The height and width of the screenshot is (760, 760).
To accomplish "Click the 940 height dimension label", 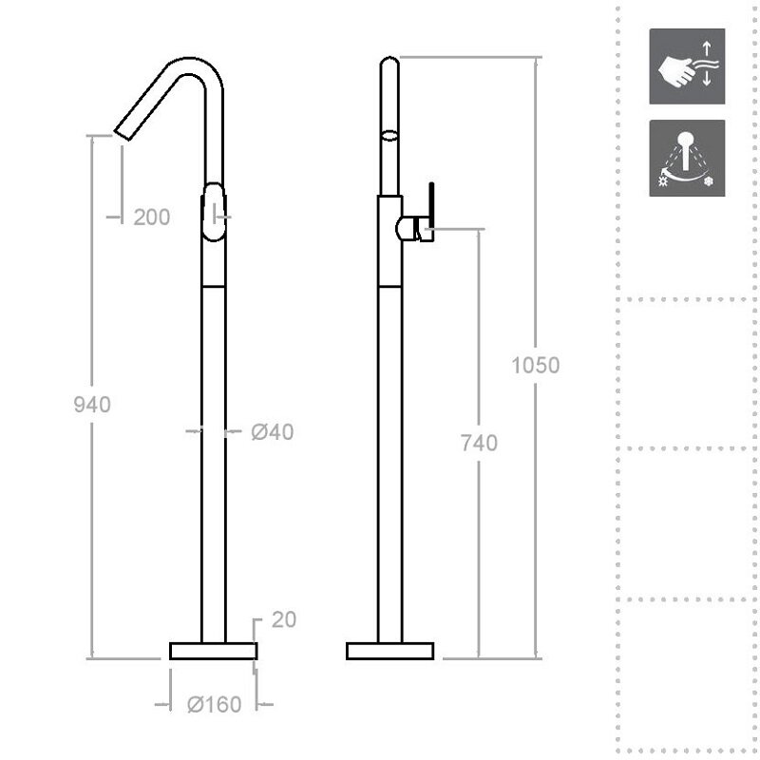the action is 92,405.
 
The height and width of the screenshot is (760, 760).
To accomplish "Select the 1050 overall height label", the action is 536,365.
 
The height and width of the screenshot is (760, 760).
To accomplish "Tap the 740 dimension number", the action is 479,443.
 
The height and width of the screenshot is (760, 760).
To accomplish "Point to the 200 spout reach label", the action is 152,218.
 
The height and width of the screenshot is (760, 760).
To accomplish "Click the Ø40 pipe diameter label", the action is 273,432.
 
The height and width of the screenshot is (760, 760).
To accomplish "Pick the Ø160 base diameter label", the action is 215,704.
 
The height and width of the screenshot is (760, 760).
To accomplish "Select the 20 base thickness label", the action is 283,619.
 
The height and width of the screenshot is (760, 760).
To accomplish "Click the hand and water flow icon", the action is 687,66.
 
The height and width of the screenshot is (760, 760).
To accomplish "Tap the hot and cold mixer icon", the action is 687,158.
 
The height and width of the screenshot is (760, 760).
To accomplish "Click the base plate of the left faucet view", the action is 213,651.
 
